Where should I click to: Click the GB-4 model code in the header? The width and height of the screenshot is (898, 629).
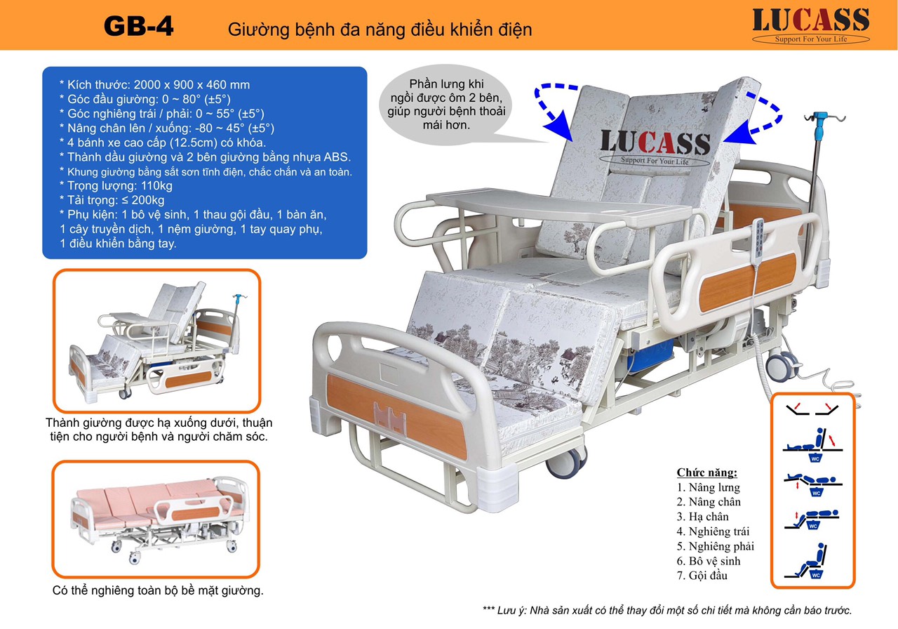coord(138,27)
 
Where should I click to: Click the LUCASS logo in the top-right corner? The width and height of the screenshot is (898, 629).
coord(810,25)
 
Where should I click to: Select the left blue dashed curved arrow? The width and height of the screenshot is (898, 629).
coord(554,105)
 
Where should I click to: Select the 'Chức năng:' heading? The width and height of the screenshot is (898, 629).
coord(707,472)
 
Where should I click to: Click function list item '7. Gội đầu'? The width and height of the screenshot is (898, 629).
coord(702,576)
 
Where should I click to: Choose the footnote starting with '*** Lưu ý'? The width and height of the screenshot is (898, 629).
coord(667,611)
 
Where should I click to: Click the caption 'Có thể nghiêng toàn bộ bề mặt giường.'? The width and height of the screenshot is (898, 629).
coord(158,590)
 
